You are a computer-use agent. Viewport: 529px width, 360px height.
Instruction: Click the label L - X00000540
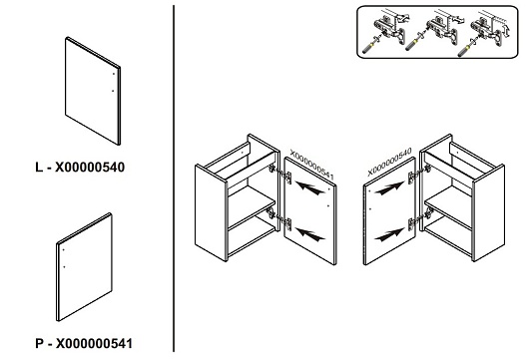pos(80,168)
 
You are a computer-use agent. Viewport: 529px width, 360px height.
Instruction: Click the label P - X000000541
pos(84,343)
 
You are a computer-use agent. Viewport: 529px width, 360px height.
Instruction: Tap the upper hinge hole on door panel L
pos(114,74)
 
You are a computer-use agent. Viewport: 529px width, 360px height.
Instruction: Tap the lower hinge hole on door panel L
pos(113,91)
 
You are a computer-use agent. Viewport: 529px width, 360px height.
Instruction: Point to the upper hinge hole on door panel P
pos(64,249)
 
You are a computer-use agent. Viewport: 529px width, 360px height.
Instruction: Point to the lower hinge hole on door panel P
pos(64,267)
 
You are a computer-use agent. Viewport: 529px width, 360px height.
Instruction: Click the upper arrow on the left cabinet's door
pos(309,188)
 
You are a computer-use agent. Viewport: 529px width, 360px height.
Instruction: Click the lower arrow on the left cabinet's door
pos(309,234)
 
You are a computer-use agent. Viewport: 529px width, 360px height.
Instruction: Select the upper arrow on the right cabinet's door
pos(389,188)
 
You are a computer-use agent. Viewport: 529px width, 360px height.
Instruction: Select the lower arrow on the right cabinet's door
pos(389,234)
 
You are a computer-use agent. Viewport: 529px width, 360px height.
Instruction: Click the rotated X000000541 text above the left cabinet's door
pos(311,165)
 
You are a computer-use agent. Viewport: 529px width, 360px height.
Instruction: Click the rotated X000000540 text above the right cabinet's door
pos(389,162)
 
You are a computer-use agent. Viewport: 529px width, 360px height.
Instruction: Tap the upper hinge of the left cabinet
pos(280,174)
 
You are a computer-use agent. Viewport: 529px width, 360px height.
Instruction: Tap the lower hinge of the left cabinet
pos(280,218)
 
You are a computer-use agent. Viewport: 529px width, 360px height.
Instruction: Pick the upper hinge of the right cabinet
pos(419,174)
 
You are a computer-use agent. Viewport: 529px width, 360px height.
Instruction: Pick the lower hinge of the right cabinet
pos(420,218)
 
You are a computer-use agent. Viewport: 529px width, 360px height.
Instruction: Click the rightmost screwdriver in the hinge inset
pos(467,47)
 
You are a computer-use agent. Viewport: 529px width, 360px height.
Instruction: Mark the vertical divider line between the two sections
pos(174,179)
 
